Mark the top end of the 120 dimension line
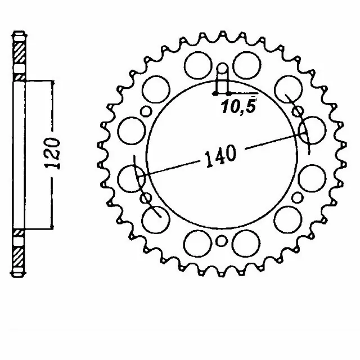click(53, 80)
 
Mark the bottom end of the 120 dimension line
click(53, 229)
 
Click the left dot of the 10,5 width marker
click(216, 93)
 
